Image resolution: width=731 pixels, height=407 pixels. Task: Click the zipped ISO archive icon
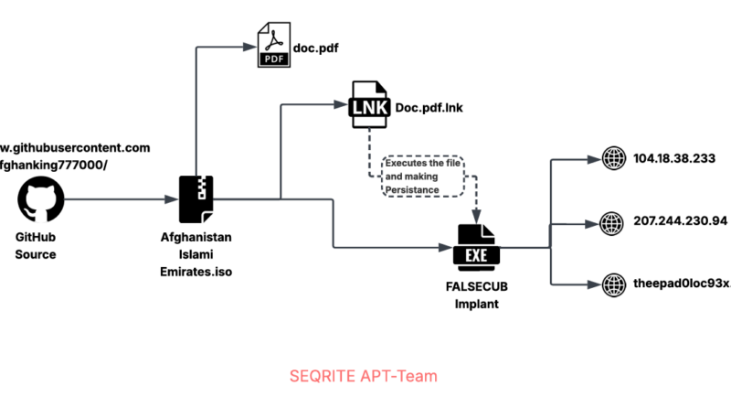click(x=196, y=198)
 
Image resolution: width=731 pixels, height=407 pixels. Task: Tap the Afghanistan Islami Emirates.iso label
click(x=196, y=253)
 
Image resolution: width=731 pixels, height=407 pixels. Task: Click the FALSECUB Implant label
click(x=476, y=295)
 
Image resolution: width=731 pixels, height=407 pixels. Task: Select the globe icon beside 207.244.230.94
click(x=611, y=221)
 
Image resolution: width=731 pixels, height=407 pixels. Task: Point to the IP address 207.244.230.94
click(x=680, y=220)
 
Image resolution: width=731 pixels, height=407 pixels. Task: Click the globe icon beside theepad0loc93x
click(x=611, y=283)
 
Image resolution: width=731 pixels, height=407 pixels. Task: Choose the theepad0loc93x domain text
click(x=681, y=283)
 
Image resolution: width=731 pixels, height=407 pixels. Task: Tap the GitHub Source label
click(x=36, y=246)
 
